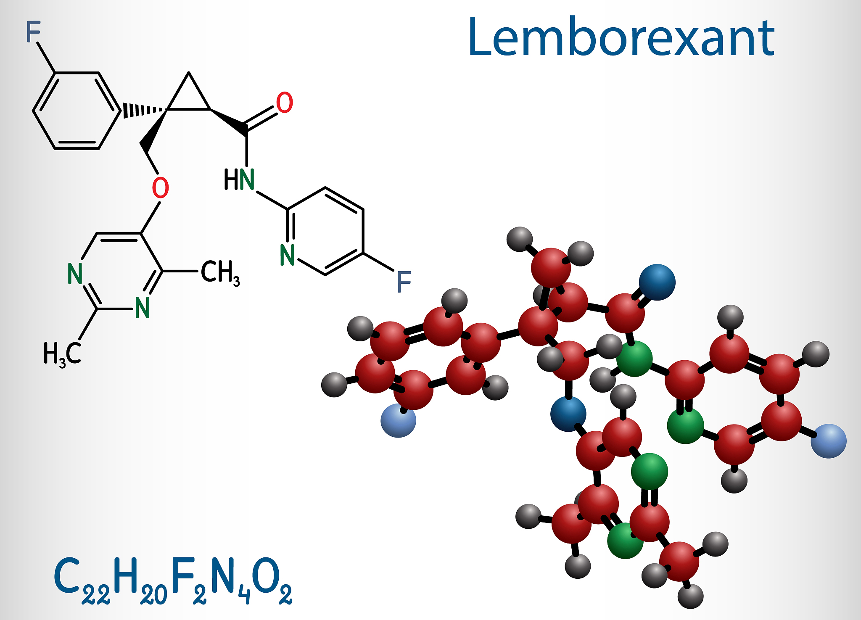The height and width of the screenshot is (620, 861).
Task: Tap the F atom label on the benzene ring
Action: tap(33, 32)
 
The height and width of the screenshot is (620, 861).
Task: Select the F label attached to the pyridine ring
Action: tap(404, 282)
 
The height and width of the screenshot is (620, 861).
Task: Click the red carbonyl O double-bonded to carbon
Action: tap(285, 103)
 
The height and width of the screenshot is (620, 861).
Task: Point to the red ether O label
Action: tap(160, 187)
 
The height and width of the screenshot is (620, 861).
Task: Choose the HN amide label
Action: tap(239, 179)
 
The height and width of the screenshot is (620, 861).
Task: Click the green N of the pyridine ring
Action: tap(288, 255)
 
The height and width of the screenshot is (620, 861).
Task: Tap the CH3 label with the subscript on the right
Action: tap(220, 272)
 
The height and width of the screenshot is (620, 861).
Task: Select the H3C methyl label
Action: tap(62, 353)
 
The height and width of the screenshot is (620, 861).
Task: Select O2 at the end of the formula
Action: tap(272, 580)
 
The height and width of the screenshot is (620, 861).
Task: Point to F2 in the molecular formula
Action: tap(189, 580)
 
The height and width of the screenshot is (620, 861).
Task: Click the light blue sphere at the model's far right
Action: tap(828, 441)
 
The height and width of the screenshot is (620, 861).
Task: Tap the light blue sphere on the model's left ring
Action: tap(398, 420)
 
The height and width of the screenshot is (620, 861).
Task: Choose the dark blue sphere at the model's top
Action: tap(657, 282)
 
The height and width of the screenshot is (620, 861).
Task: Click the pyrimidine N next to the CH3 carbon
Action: tap(143, 308)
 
